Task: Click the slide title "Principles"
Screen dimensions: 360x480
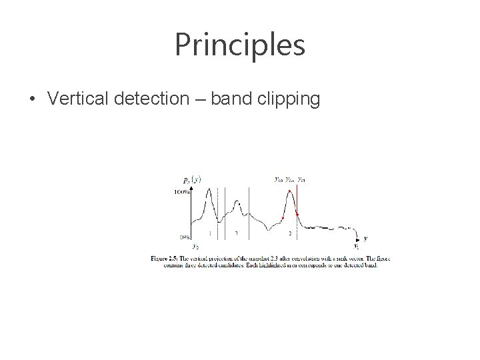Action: click(x=239, y=45)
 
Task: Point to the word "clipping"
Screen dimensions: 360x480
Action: click(x=291, y=100)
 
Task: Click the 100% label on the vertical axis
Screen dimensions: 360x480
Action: click(x=181, y=192)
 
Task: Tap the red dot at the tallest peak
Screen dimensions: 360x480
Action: click(x=289, y=192)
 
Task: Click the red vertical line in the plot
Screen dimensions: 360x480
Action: click(x=297, y=200)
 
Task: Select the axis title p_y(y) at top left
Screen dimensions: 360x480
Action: click(x=193, y=179)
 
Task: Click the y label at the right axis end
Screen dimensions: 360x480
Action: click(x=365, y=237)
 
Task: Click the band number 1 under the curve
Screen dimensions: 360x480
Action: click(x=210, y=233)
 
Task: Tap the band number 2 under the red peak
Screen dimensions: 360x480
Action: click(x=289, y=234)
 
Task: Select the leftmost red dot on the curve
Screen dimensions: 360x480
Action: click(x=283, y=218)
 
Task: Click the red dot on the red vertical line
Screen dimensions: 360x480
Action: click(x=297, y=214)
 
